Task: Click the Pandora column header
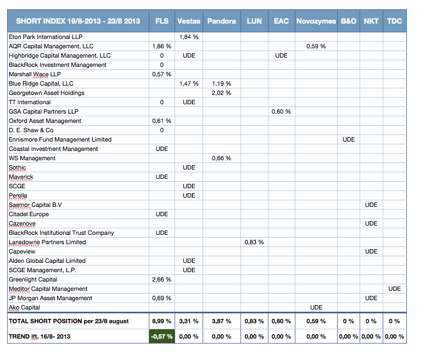[222, 21]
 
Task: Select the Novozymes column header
[316, 21]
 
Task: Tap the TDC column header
[394, 21]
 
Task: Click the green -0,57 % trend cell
[162, 336]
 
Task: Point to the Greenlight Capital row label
[33, 279]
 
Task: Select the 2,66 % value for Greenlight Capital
[161, 279]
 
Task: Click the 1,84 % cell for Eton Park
[189, 37]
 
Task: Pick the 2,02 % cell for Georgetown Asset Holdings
[221, 93]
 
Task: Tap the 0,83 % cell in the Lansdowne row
[254, 242]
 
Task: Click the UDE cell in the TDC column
[394, 289]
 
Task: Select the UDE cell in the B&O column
[349, 139]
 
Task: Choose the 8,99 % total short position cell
[161, 321]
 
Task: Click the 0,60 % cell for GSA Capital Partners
[281, 111]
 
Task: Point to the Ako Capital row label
[24, 307]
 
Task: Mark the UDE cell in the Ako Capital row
[316, 307]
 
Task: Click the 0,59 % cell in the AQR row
[316, 46]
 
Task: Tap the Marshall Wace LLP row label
[35, 74]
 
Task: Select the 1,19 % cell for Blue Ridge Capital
[221, 83]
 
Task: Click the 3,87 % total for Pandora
[221, 321]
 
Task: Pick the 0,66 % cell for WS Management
[221, 158]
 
